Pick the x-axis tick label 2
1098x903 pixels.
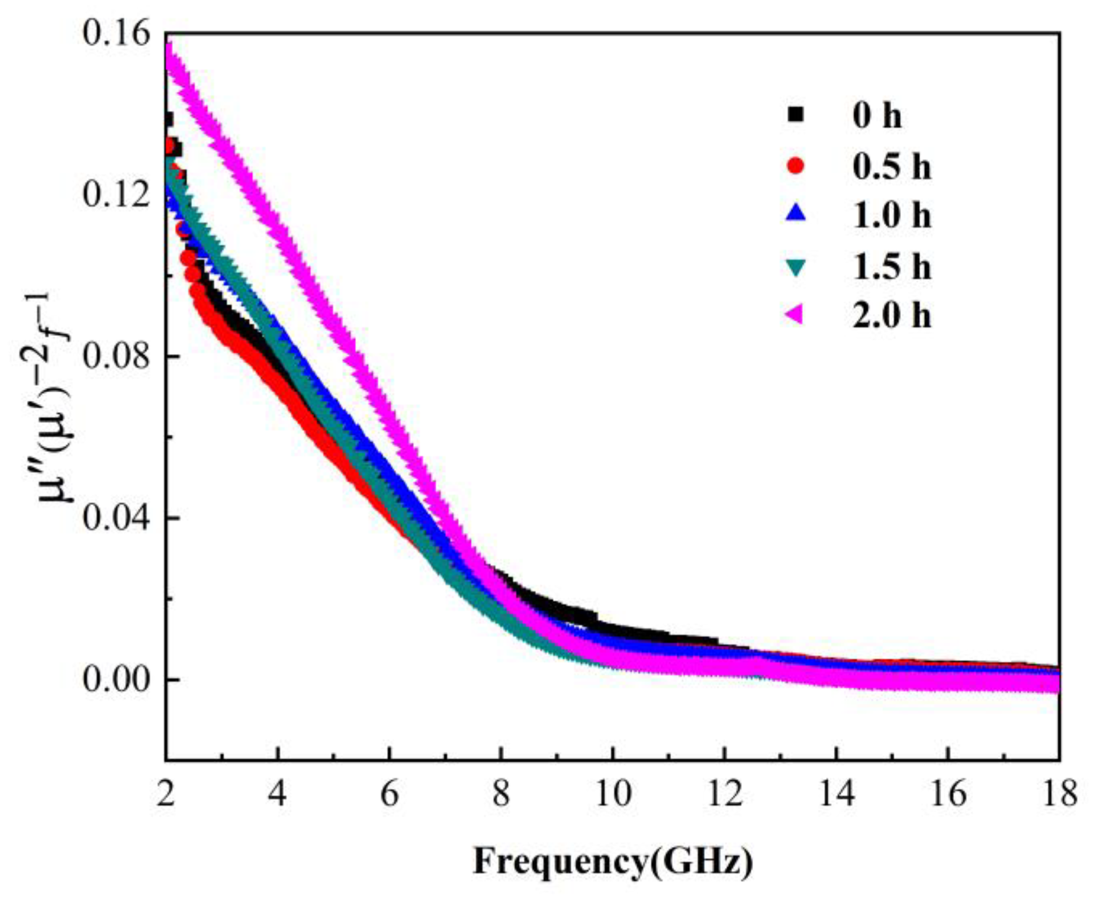(166, 793)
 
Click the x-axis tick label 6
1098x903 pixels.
(389, 793)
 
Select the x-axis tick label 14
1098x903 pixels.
(837, 793)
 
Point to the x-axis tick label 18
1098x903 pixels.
(1059, 793)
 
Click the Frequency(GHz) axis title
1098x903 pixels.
(613, 862)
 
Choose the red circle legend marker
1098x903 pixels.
(796, 166)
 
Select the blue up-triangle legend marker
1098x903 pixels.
(796, 214)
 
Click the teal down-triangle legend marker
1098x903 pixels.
(796, 266)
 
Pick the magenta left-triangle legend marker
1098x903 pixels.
(795, 315)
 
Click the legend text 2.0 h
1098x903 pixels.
(892, 315)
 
